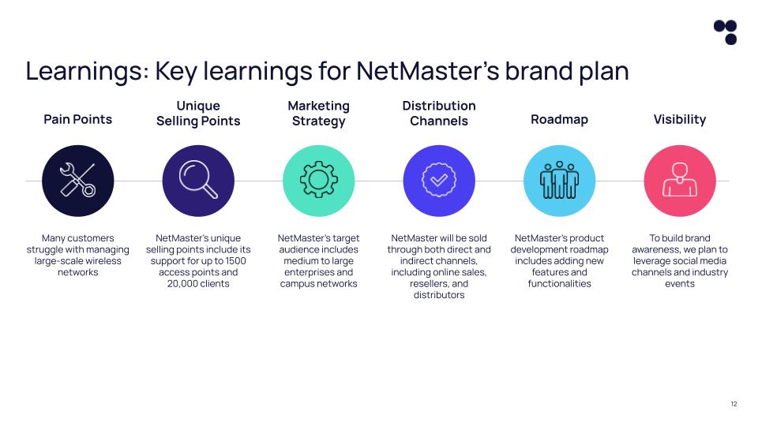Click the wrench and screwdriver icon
77,181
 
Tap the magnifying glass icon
198,181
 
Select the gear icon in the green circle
318,181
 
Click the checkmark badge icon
439,181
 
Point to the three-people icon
559,181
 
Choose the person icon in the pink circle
680,181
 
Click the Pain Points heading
77,119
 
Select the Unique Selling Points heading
198,113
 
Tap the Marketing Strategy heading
318,113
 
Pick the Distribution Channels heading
439,113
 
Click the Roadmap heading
559,119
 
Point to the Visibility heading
680,119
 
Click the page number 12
734,404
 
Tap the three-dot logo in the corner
725,32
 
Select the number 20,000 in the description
184,283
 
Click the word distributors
439,295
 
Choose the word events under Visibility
680,283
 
